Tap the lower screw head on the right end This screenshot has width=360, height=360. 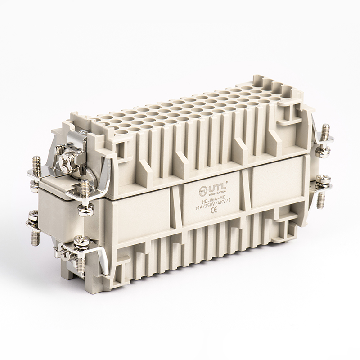click(322, 181)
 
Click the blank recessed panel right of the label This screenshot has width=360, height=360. click(269, 180)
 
